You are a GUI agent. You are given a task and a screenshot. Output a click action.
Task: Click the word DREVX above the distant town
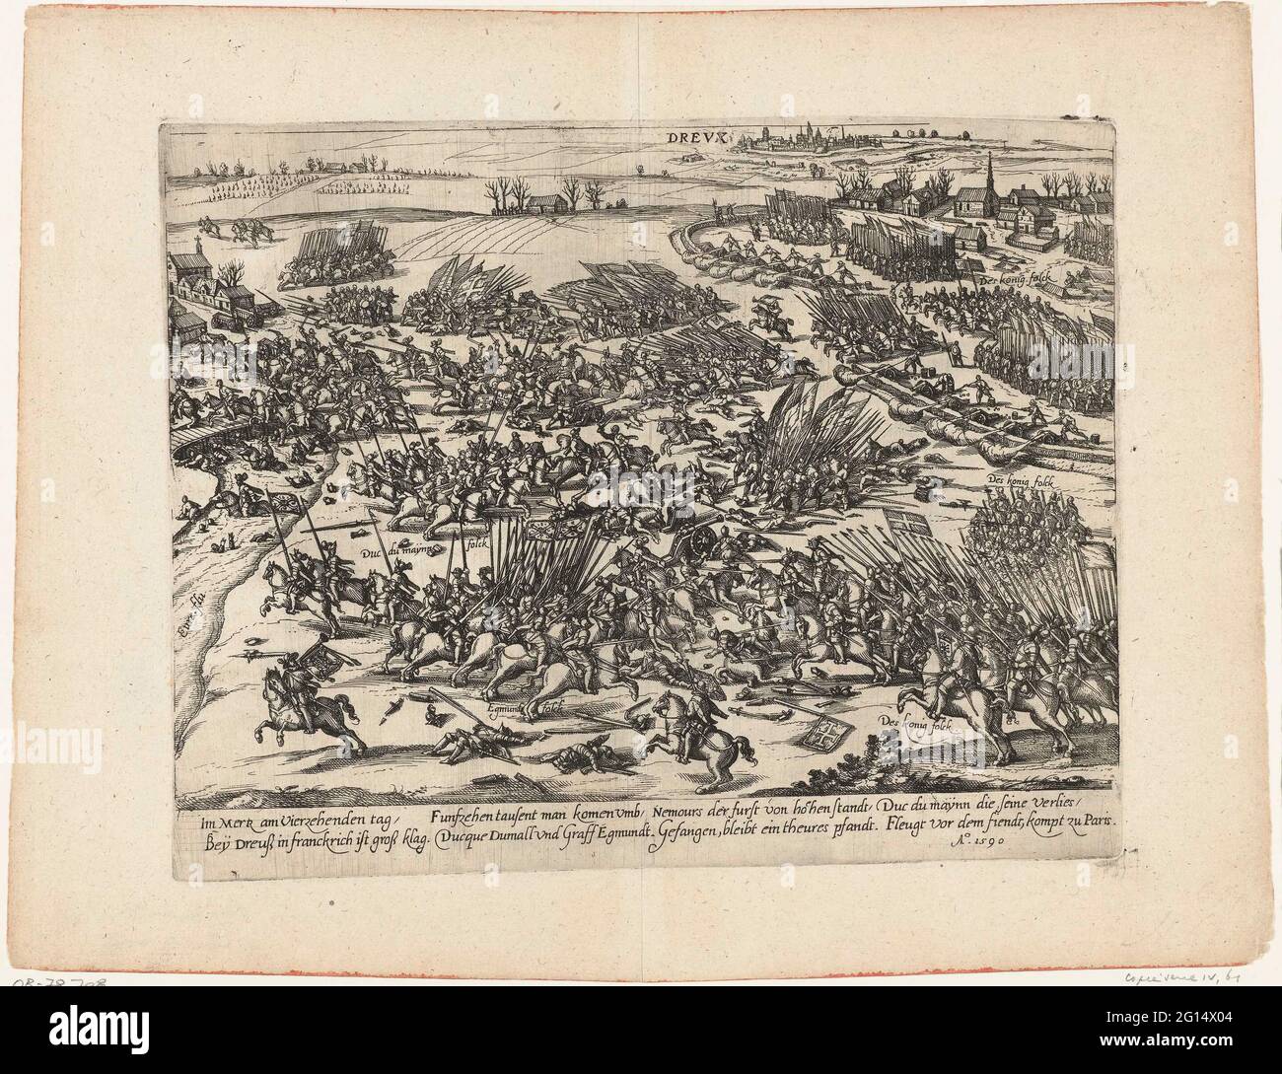coord(700,141)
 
